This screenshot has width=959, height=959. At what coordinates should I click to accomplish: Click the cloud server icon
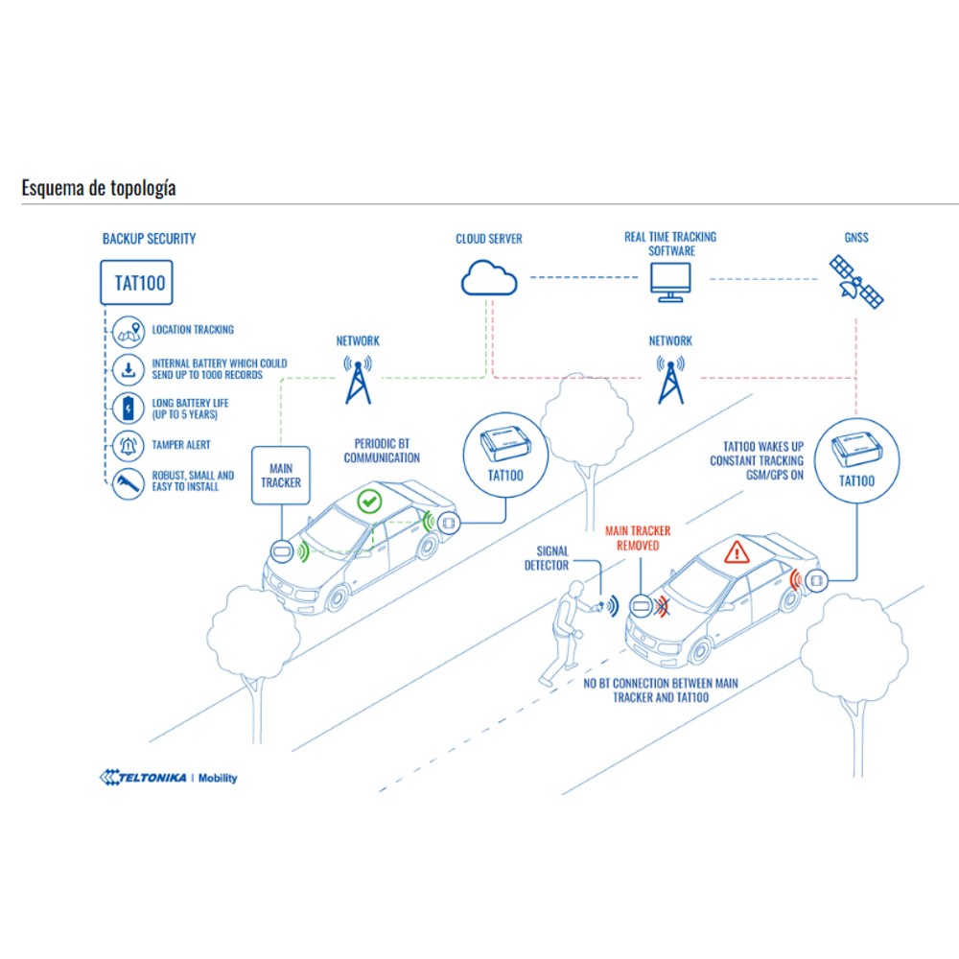point(489,278)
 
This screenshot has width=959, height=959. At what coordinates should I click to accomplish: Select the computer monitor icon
point(671,282)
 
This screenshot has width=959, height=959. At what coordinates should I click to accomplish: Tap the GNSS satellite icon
point(856,281)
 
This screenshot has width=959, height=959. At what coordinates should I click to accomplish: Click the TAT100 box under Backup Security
point(136,283)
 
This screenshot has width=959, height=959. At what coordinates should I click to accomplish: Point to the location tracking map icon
point(129,332)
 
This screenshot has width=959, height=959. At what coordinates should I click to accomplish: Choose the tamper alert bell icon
point(129,446)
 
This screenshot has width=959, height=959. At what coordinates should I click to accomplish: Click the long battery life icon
point(129,408)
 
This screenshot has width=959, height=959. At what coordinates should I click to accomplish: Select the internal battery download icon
point(129,370)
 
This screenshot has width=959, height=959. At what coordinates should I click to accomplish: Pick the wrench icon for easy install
point(129,483)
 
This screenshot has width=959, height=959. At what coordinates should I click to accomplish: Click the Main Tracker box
point(281,476)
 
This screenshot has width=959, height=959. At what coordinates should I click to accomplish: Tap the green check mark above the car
point(369,502)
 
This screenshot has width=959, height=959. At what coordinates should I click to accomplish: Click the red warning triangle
point(737,551)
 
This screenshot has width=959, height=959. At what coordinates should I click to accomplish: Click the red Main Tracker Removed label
point(638,538)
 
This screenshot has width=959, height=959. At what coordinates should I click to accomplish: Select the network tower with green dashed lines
point(358,379)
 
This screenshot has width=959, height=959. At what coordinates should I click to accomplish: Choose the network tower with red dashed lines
point(671,379)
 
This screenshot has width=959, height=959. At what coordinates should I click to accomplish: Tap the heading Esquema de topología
point(99,188)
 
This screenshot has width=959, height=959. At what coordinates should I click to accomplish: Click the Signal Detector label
point(547,558)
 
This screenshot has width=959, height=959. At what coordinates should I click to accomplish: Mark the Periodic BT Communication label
point(382,451)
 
